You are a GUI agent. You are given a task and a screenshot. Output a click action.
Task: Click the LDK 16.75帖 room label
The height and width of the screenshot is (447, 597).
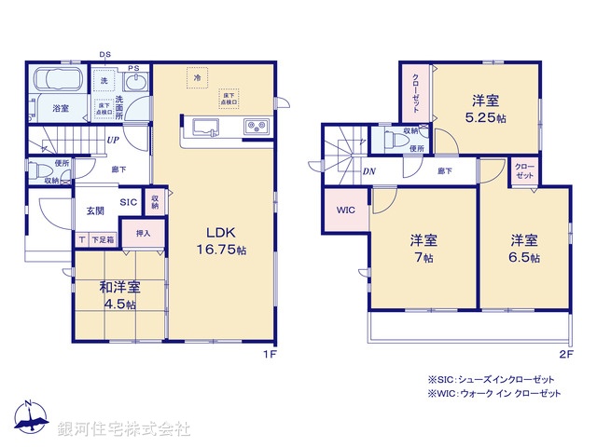point(220,240)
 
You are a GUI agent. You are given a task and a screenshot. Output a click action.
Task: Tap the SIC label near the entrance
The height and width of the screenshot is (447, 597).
point(127,201)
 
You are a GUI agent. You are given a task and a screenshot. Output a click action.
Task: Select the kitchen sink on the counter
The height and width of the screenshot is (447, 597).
point(204,127)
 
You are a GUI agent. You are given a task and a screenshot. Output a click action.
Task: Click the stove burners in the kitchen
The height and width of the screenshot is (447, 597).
point(255,127)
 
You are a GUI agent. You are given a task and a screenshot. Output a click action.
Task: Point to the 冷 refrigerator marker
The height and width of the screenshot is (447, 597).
point(197,78)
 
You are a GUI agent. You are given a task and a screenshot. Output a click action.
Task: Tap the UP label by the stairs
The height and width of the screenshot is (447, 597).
point(112,141)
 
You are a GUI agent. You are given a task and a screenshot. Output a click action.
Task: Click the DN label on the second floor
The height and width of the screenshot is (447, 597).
point(369,170)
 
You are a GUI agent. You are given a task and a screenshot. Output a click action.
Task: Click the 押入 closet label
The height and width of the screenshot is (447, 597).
point(145,234)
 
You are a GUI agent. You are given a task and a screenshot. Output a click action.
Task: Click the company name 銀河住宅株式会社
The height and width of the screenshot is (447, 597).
point(124,429)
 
